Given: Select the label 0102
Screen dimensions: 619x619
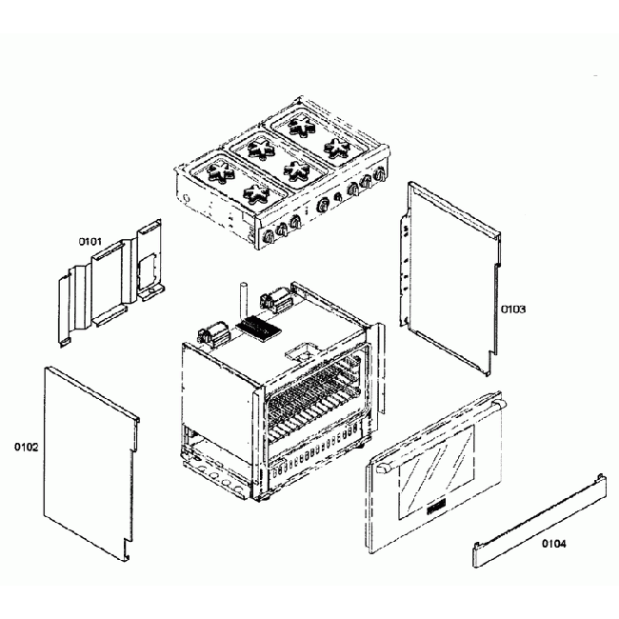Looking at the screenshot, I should [x=27, y=445].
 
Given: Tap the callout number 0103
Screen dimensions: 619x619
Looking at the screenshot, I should [x=514, y=309].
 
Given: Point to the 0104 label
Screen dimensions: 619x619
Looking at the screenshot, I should [x=554, y=544].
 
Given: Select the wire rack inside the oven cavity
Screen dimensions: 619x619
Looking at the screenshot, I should [x=314, y=400].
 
